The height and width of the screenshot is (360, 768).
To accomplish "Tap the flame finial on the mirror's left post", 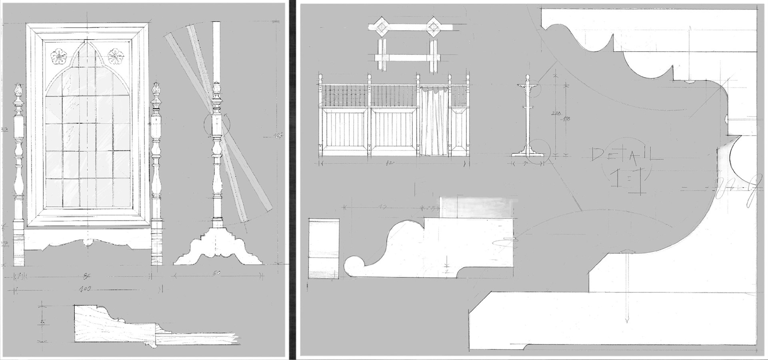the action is click(18, 92).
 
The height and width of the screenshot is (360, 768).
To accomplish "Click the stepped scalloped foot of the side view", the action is click(218, 248).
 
